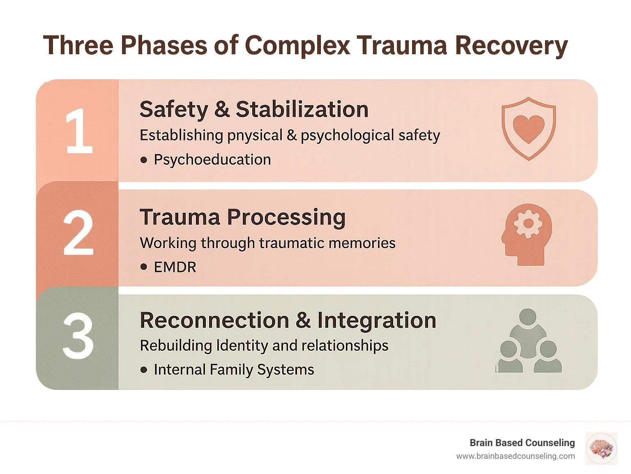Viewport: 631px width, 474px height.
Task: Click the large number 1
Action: click(x=79, y=131)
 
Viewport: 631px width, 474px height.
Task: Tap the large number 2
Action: click(x=78, y=233)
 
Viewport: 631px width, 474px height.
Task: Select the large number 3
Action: click(x=78, y=336)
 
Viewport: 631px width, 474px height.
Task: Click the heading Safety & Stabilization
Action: click(x=254, y=109)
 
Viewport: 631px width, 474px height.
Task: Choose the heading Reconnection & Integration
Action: click(x=288, y=320)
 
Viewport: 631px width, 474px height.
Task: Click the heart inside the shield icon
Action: click(x=529, y=128)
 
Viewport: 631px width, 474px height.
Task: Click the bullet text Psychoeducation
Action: click(x=212, y=159)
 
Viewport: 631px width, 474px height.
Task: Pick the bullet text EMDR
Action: click(x=175, y=267)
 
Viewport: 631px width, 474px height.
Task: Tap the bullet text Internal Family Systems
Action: click(x=233, y=369)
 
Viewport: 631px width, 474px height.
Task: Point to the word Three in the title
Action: click(x=78, y=45)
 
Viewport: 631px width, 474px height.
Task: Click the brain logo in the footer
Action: click(x=601, y=449)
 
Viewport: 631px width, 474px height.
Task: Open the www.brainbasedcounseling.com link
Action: click(x=515, y=456)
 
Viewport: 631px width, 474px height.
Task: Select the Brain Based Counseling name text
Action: click(x=522, y=442)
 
